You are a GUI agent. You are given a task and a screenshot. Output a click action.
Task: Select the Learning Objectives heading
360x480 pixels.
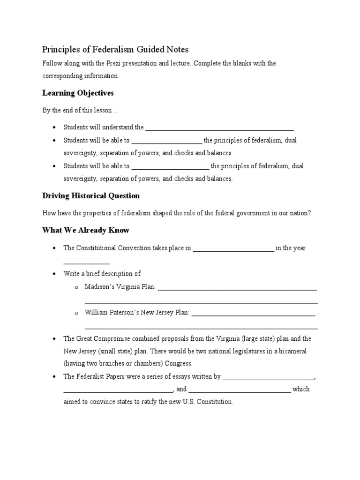pos(78,93)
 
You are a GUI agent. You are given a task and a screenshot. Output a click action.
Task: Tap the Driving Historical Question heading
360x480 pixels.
pos(91,195)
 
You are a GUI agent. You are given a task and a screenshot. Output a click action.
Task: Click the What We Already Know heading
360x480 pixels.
pos(86,230)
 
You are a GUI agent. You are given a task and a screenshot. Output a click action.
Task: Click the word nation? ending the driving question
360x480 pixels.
pos(300,213)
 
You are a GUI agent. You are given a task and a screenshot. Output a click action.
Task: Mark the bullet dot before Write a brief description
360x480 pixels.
pos(55,273)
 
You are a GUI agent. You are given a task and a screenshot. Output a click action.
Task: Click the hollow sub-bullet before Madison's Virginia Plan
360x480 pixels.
pos(76,287)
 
